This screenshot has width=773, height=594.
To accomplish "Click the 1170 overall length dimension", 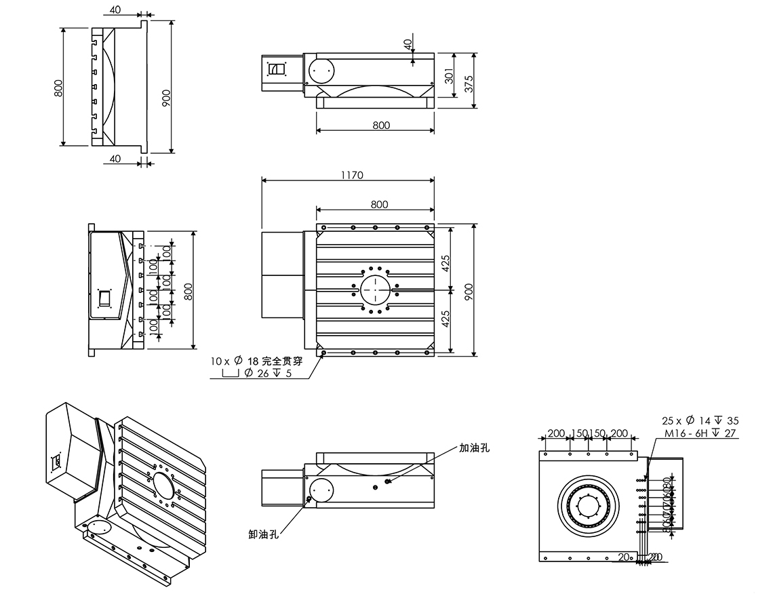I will coord(353,175).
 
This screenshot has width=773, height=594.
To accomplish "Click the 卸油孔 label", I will coord(264,535).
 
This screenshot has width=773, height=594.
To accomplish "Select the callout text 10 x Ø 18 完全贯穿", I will coord(260,361).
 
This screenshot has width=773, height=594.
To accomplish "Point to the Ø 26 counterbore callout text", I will coord(267,374).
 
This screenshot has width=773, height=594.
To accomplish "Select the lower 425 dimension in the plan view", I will coord(445,319).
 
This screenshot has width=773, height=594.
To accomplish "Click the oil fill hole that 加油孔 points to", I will coord(388,481).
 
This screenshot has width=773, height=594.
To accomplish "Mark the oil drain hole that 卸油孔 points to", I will coord(309,499).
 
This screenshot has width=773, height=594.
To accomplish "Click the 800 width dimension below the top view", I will coord(381,125).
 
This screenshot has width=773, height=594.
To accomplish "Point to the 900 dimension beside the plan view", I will coord(469,290).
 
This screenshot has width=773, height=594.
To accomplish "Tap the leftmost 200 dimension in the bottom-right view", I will coord(556,433).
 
